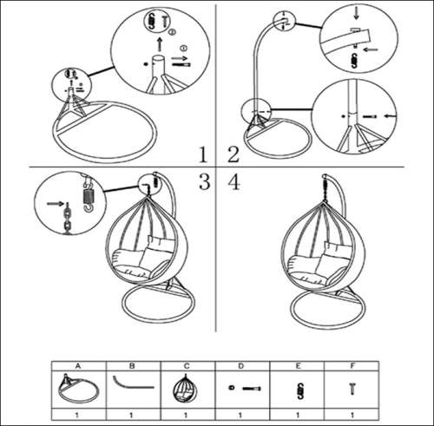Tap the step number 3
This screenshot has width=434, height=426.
pos(204,182)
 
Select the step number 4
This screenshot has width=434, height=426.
pos(232,182)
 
